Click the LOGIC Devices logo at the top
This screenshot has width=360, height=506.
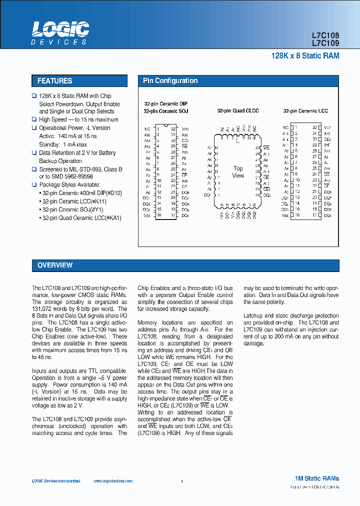pyautogui.click(x=60, y=33)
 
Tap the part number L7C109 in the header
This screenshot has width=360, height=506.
pyautogui.click(x=325, y=43)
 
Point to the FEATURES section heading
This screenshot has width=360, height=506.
pyautogui.click(x=55, y=81)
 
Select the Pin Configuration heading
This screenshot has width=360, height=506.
pyautogui.click(x=170, y=81)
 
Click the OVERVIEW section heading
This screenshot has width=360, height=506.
pyautogui.click(x=55, y=265)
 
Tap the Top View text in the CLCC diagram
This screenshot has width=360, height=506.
pyautogui.click(x=238, y=172)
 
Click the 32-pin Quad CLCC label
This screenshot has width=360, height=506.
pyautogui.click(x=238, y=111)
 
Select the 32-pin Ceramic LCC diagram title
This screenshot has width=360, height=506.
pyautogui.click(x=305, y=111)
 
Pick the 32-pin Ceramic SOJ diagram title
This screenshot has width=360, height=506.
pyautogui.click(x=165, y=111)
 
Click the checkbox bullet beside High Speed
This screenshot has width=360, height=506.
pyautogui.click(x=34, y=119)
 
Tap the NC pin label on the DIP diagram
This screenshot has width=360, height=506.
pyautogui.click(x=147, y=128)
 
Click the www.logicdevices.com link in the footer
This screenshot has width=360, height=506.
pyautogui.click(x=113, y=481)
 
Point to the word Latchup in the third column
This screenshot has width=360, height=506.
pyautogui.click(x=253, y=316)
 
